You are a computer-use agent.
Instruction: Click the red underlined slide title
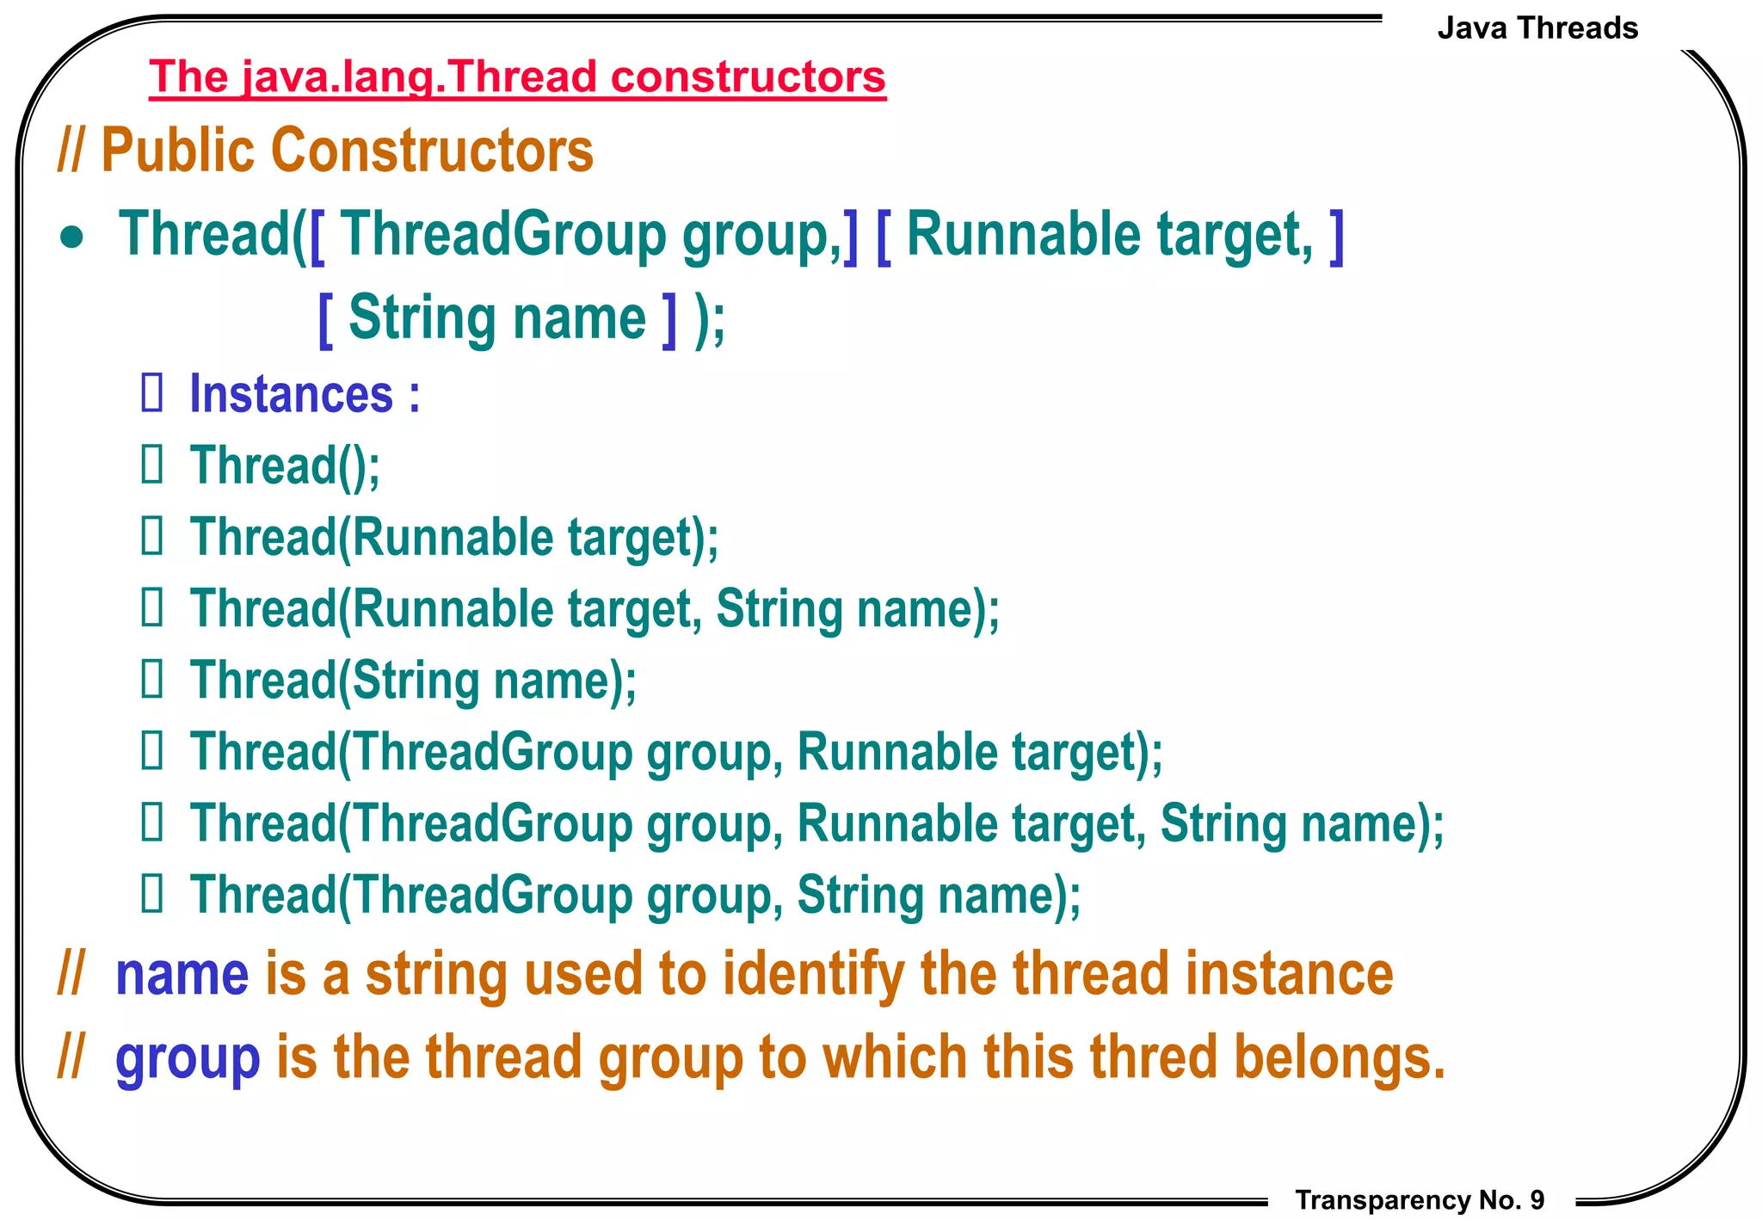pyautogui.click(x=516, y=77)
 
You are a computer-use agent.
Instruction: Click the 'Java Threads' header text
pyautogui.click(x=1537, y=28)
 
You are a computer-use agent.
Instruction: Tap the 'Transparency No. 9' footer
pyautogui.click(x=1420, y=1199)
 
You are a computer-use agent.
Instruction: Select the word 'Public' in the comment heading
pyautogui.click(x=178, y=151)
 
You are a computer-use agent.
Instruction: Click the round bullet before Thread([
pyautogui.click(x=72, y=237)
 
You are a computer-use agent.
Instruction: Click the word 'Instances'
pyautogui.click(x=291, y=395)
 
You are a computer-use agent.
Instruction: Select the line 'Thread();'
pyautogui.click(x=284, y=466)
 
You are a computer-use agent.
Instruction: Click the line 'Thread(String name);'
pyautogui.click(x=413, y=681)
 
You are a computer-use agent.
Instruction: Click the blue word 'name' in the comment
pyautogui.click(x=182, y=975)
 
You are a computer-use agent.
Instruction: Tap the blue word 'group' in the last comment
pyautogui.click(x=187, y=1058)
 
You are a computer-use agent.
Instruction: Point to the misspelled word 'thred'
pyautogui.click(x=1153, y=1057)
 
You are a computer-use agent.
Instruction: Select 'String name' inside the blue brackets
pyautogui.click(x=496, y=318)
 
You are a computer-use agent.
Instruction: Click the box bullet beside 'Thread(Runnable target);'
pyautogui.click(x=152, y=537)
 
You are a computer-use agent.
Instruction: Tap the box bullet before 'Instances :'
pyautogui.click(x=152, y=393)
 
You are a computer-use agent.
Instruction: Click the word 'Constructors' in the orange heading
pyautogui.click(x=432, y=151)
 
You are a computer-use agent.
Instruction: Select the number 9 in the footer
pyautogui.click(x=1537, y=1199)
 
